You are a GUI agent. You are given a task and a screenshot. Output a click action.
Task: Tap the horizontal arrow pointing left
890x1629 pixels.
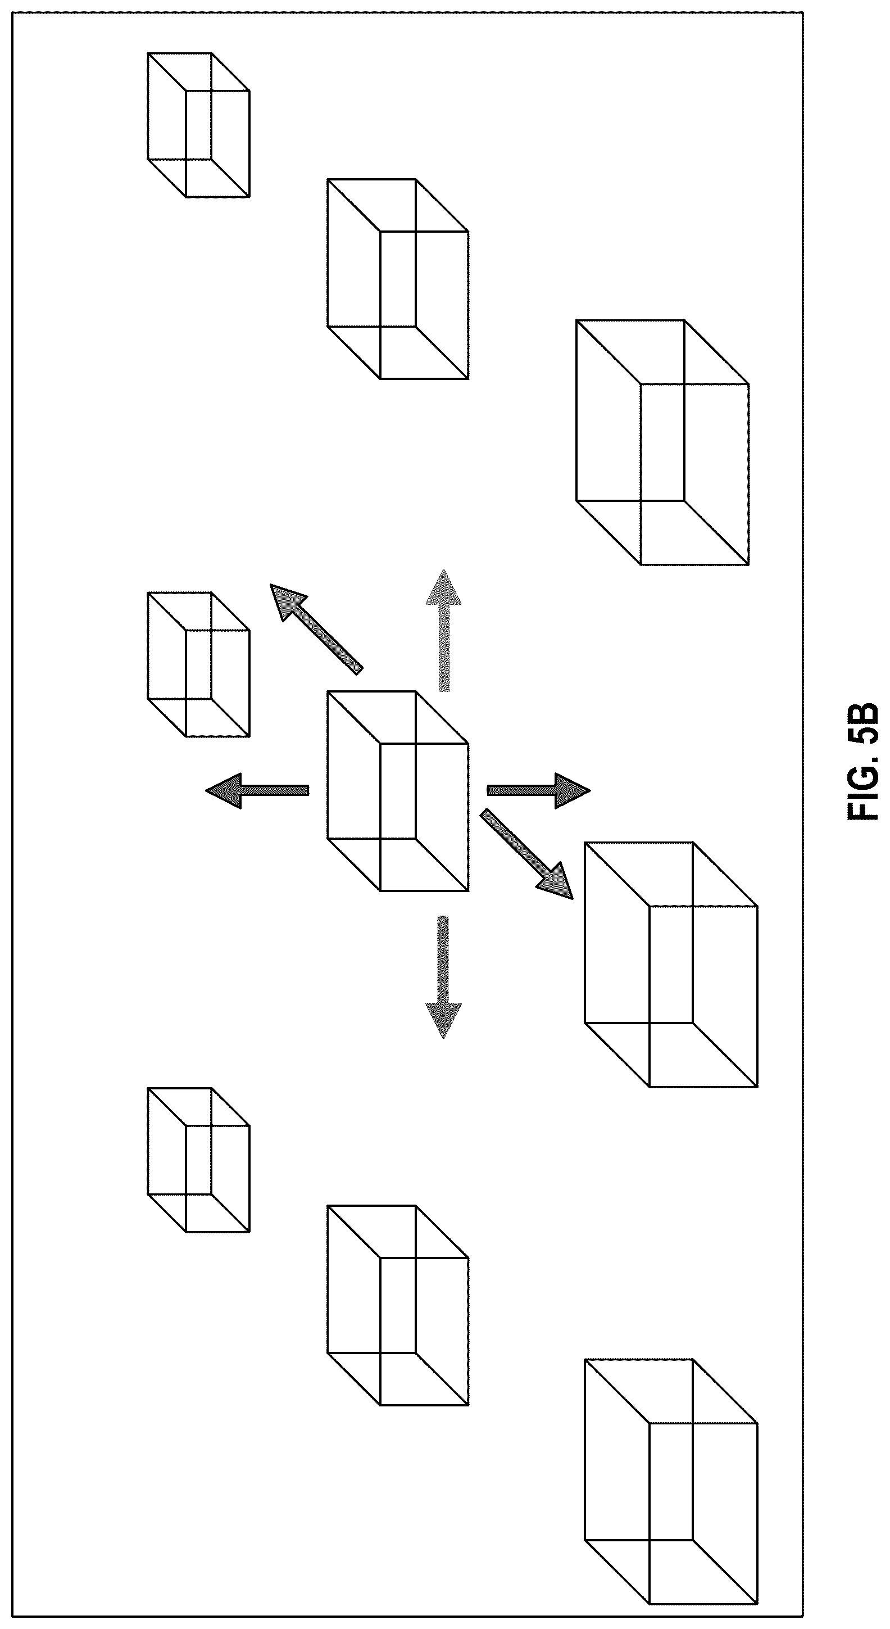point(257,790)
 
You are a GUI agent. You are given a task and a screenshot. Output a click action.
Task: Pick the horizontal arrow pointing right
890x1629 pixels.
point(538,790)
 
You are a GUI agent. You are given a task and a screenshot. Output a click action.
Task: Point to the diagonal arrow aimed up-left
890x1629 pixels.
point(316,628)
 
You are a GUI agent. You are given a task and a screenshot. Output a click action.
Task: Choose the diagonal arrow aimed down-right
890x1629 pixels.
point(526,854)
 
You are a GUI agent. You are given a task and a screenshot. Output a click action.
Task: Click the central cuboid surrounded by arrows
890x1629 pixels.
point(398,791)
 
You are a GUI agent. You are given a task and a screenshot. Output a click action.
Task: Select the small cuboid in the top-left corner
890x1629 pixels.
point(198,125)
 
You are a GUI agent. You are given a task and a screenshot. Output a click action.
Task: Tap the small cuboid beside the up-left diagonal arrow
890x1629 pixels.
point(198,664)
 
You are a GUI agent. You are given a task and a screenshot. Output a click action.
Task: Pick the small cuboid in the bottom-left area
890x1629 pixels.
point(198,1160)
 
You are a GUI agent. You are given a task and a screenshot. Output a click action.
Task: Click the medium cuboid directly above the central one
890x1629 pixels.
point(398,279)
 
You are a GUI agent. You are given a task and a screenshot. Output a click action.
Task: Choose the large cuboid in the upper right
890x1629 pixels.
point(662,442)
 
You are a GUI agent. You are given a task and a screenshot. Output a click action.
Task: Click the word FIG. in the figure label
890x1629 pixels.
point(861,791)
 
